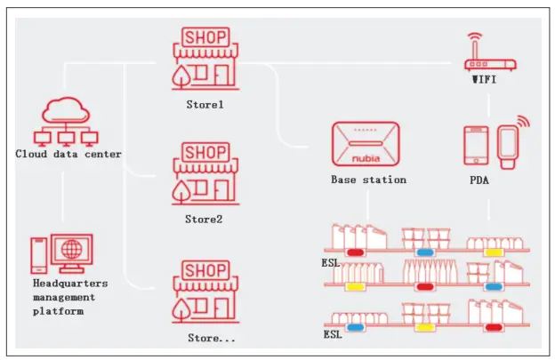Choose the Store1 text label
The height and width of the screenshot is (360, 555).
click(x=205, y=104)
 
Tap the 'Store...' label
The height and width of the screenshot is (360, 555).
click(x=212, y=337)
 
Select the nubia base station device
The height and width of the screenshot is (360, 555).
click(x=368, y=142)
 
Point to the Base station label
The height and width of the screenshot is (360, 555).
click(x=368, y=180)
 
